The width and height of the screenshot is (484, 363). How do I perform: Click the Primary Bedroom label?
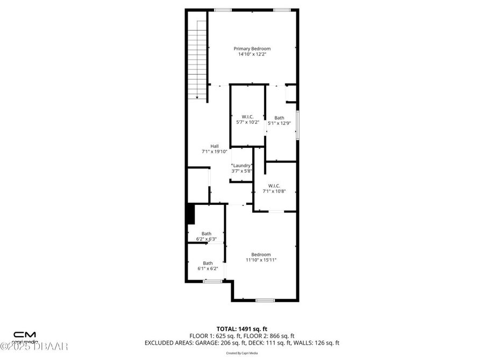click(252, 48)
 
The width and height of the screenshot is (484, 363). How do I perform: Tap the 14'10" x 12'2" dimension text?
click(252, 54)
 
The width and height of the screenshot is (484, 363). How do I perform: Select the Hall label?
click(215, 146)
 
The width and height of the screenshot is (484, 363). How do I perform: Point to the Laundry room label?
click(242, 166)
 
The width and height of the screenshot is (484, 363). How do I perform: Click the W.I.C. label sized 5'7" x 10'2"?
click(247, 117)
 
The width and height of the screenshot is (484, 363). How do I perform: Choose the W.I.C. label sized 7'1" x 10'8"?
click(274, 186)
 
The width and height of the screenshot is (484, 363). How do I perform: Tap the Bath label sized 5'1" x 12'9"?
click(279, 118)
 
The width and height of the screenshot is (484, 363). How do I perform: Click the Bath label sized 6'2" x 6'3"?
click(207, 233)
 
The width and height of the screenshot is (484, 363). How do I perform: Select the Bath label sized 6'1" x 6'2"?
click(208, 263)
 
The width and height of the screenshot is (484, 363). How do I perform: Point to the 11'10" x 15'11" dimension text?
click(261, 260)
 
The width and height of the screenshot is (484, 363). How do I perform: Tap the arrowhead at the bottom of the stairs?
click(197, 97)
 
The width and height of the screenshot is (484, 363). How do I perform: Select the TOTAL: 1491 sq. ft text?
click(241, 328)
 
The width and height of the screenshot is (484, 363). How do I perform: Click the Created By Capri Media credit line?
click(241, 353)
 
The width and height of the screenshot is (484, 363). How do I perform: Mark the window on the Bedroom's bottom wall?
click(265, 300)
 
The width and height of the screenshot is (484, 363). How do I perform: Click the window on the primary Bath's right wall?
click(298, 125)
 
